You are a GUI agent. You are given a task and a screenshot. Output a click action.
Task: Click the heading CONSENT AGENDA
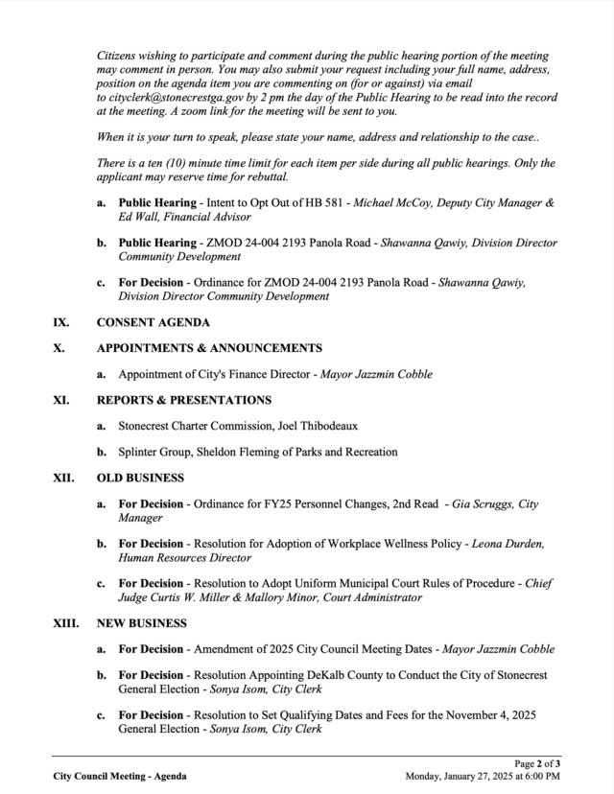[x=153, y=322]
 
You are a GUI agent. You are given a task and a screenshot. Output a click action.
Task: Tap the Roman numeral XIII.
[x=65, y=623]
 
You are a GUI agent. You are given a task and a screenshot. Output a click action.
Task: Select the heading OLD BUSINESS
[x=140, y=478]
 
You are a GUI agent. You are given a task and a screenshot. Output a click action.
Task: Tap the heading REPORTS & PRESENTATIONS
[x=184, y=400]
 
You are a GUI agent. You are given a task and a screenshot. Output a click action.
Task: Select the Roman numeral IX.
[x=60, y=322]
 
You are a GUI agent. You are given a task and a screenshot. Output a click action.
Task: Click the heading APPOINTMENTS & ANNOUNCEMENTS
[x=209, y=347]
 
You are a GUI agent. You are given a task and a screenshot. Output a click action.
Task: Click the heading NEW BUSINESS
[x=141, y=623]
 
